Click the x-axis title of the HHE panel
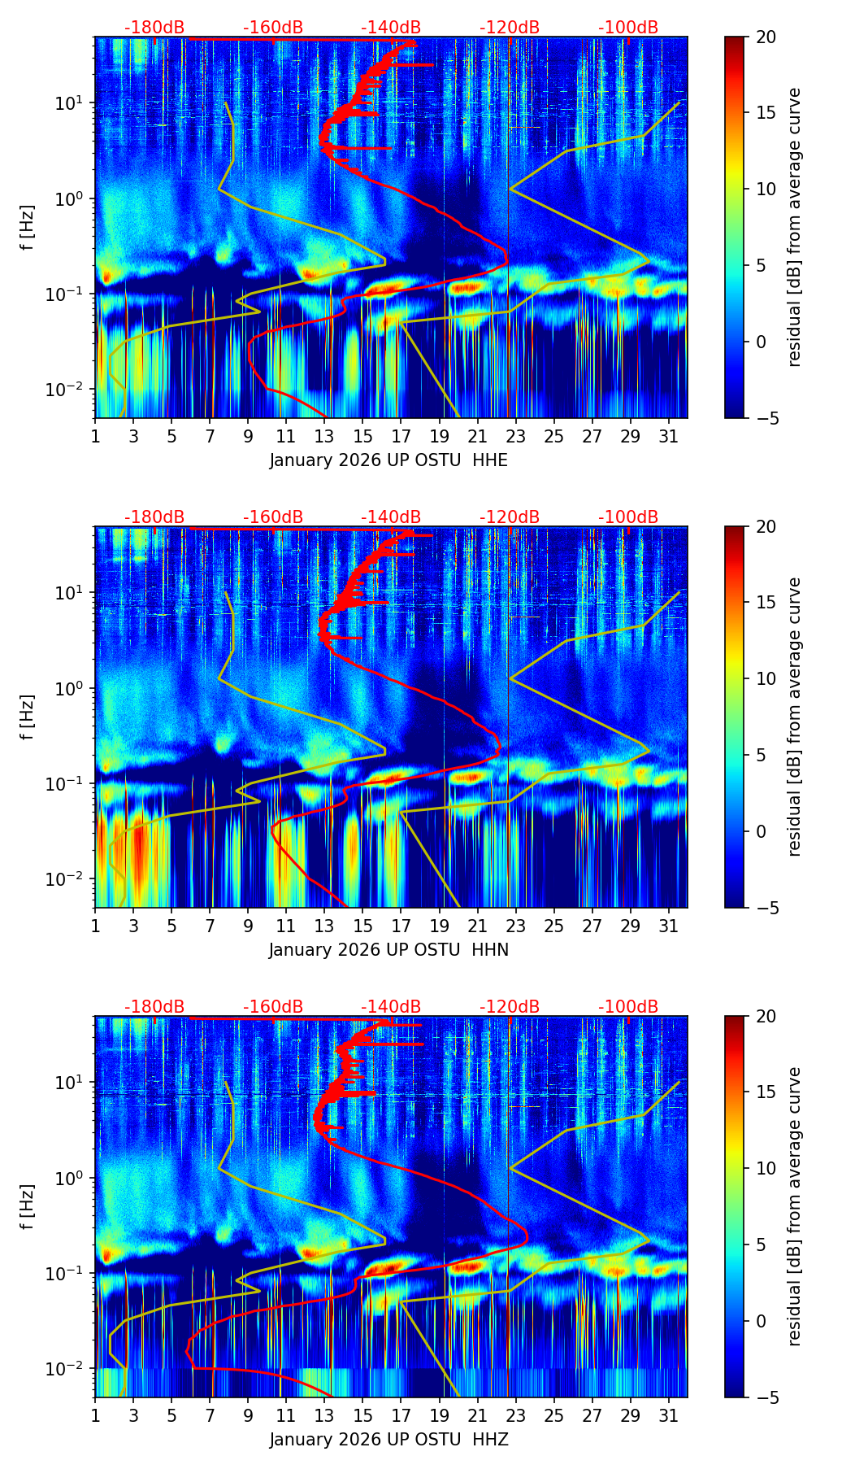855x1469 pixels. coord(388,460)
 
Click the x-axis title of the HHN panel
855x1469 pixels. coord(388,950)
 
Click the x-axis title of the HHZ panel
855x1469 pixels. coord(388,1440)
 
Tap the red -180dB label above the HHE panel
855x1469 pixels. coord(154,28)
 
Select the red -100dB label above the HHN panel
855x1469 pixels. coord(628,517)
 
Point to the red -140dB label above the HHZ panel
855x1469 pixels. coord(391,1007)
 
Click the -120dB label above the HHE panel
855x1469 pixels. coord(510,28)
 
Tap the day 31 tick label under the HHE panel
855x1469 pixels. coord(668,436)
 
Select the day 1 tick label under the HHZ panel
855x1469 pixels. coord(95,1415)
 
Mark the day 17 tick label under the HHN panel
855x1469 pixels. coord(401,926)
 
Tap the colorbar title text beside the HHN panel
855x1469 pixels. coord(795,717)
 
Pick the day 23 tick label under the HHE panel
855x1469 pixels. coord(515,436)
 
